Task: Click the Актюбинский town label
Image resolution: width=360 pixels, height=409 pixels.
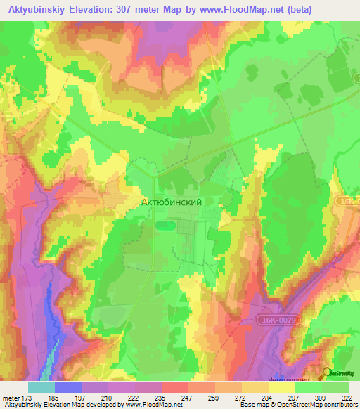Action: pos(172,202)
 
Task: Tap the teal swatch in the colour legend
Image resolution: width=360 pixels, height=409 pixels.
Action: pos(41,387)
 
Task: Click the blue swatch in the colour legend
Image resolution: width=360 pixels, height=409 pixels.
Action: pos(68,387)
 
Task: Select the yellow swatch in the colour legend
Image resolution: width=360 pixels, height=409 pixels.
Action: pos(282,387)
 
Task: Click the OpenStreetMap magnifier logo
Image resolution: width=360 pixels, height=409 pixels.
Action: pos(326,375)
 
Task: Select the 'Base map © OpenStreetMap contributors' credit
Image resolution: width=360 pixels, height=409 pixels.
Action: pos(297,405)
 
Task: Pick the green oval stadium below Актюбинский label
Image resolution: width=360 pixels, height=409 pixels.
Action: pos(164,226)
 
